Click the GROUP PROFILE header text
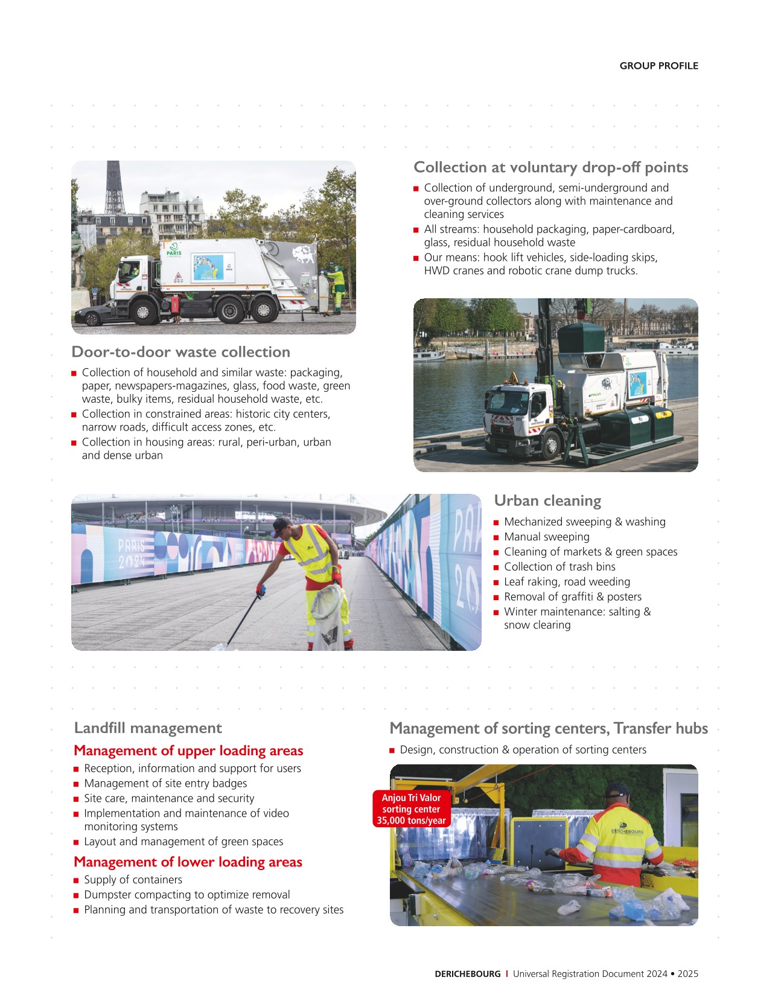(x=658, y=66)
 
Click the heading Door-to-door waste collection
(x=180, y=352)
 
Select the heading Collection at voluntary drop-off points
(x=550, y=167)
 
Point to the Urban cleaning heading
(x=547, y=501)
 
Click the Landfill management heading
(x=148, y=728)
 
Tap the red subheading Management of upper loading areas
(x=188, y=750)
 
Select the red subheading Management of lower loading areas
(x=188, y=862)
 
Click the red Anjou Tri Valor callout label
(x=411, y=809)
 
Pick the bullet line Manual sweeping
(x=546, y=537)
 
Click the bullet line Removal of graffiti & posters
(x=572, y=597)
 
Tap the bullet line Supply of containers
(x=133, y=880)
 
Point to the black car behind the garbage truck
(x=94, y=313)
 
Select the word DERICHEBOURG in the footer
(x=467, y=973)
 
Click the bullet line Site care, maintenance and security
(x=169, y=798)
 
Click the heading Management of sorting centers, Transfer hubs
(x=548, y=728)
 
